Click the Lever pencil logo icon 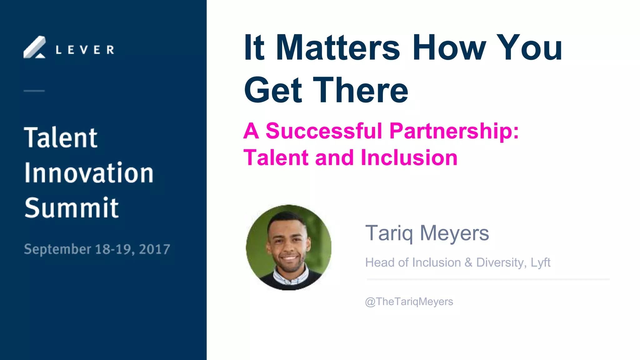35,47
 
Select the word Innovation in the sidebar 89,173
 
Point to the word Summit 72,208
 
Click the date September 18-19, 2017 97,249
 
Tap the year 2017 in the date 154,249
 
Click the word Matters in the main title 337,47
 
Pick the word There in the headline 361,90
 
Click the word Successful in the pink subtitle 324,131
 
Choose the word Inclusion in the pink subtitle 409,157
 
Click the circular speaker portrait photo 288,247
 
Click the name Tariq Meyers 427,233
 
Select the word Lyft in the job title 540,263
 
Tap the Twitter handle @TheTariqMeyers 409,302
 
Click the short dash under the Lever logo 34,91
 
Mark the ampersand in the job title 468,262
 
